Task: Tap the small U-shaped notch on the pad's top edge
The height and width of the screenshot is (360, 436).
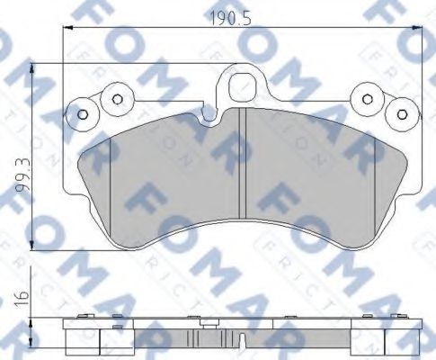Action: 209,115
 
